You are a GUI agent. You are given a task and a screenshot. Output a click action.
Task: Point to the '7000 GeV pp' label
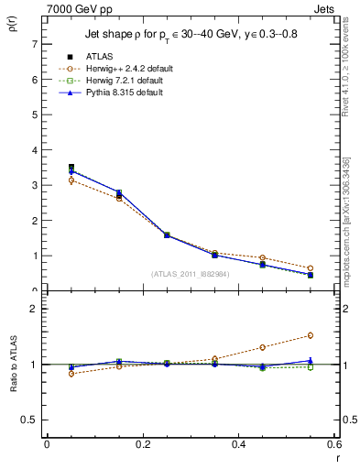[74, 9]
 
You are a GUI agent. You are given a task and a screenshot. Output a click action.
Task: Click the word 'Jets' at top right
[325, 9]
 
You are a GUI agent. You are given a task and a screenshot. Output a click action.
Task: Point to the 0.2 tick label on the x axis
[142, 443]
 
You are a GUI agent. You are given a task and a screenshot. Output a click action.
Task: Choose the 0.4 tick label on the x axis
[238, 443]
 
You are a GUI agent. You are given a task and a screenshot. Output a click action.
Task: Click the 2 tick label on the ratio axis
[34, 309]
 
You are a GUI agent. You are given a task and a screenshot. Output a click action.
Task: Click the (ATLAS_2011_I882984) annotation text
[191, 273]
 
